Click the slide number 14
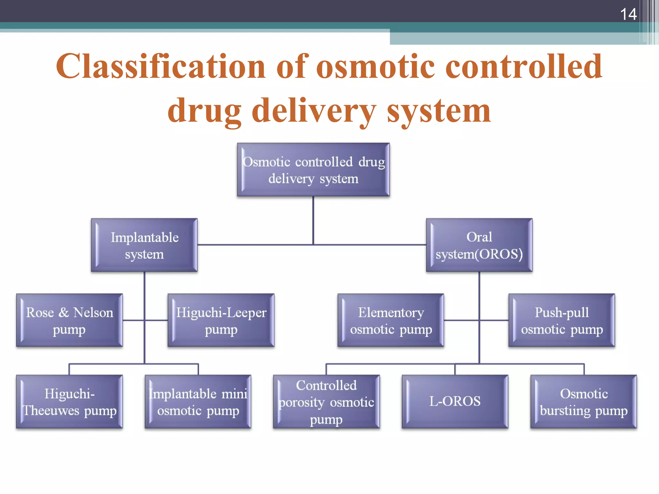pos(628,14)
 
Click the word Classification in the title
pos(161,66)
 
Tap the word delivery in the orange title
pos(313,111)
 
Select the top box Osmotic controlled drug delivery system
pos(313,170)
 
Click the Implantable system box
pos(144,245)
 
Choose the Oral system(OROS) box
pos(479,245)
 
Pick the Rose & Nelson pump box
pos(69,321)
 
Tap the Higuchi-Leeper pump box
pos(221,321)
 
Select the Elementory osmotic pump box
pos(391,321)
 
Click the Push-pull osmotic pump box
pos(562,321)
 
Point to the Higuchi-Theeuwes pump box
pos(69,402)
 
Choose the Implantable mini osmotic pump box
pos(198,402)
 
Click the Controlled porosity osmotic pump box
pos(326,402)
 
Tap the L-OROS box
pos(455,401)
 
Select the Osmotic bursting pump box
pos(583,402)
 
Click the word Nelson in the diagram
pos(93,313)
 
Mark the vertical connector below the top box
pos(313,220)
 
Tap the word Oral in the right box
pos(479,237)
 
